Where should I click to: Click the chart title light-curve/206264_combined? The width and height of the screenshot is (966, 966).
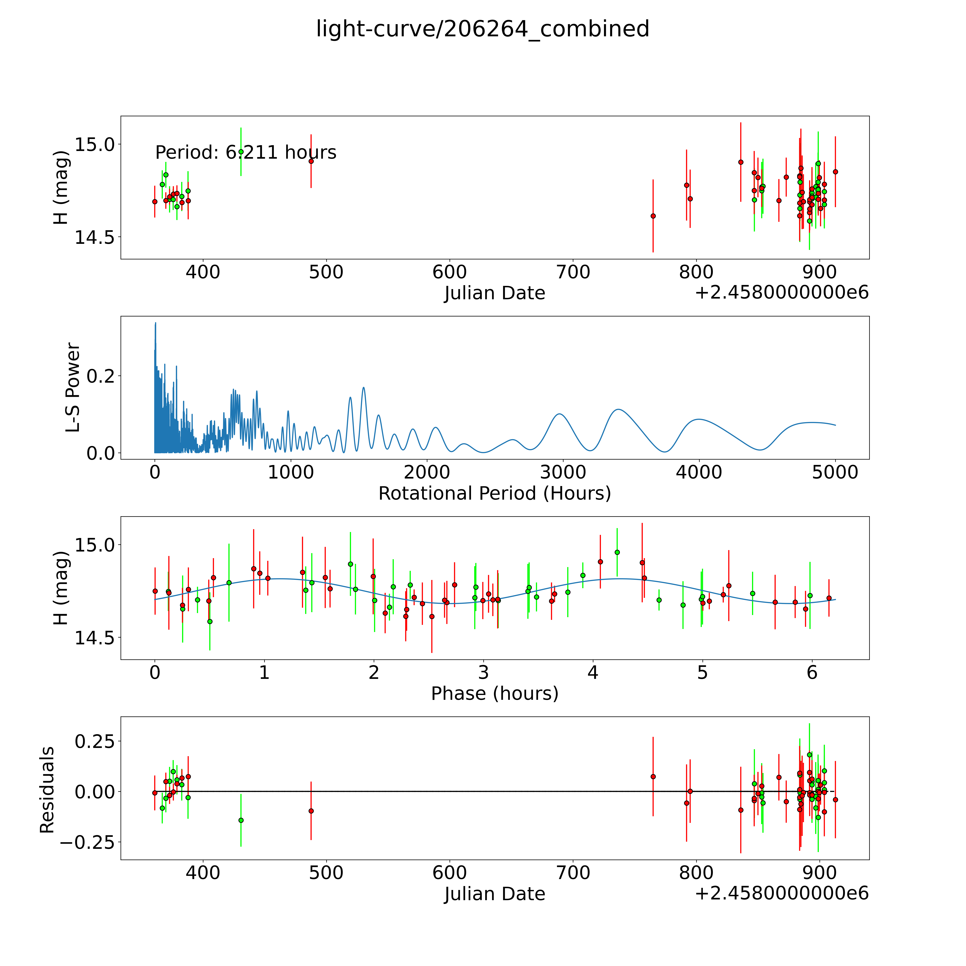click(482, 29)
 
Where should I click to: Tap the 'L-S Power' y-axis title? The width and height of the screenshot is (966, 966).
click(73, 387)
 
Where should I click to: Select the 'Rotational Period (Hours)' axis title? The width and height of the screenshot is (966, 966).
click(494, 494)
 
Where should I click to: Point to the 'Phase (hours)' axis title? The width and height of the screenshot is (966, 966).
click(494, 694)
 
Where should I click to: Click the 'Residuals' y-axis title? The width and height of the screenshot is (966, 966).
click(47, 790)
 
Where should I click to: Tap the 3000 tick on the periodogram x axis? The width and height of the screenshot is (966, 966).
click(563, 472)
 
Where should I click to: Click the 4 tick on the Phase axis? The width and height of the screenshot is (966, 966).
click(593, 672)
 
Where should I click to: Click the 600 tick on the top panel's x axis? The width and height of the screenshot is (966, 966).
click(450, 272)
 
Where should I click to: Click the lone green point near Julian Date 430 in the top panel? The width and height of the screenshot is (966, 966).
click(241, 152)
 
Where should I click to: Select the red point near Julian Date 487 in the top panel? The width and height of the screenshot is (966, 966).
click(311, 161)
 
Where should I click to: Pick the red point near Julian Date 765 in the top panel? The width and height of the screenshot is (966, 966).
click(653, 216)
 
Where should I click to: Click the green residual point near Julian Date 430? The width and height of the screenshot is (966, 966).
click(241, 820)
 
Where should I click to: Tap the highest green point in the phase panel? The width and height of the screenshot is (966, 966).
click(617, 552)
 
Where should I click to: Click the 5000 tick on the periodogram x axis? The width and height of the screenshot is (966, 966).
click(835, 472)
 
